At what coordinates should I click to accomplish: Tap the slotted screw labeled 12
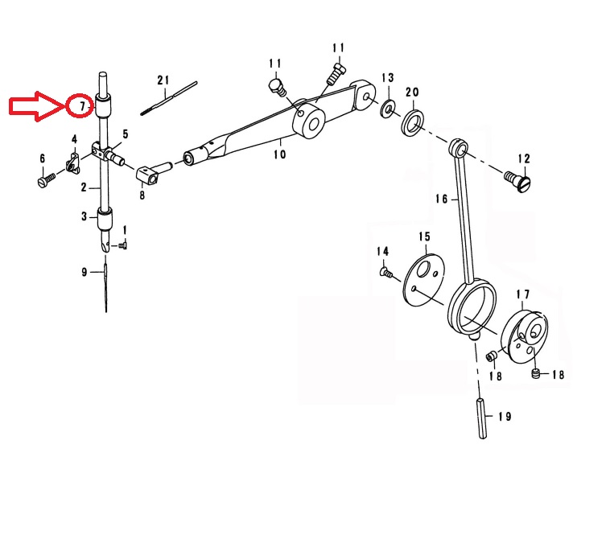click(x=518, y=182)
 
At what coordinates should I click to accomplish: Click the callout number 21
click(x=163, y=80)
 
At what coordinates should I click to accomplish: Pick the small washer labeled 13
click(x=387, y=109)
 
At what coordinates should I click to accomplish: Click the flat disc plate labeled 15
click(x=424, y=280)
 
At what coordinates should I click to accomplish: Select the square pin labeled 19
click(x=482, y=418)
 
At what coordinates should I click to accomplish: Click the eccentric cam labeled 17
click(x=524, y=337)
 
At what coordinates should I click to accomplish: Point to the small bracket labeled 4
click(x=72, y=162)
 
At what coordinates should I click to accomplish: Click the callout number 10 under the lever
click(x=280, y=154)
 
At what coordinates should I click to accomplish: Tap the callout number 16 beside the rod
click(x=441, y=199)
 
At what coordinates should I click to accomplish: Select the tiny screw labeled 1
click(x=123, y=245)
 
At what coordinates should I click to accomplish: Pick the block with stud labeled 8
click(x=154, y=172)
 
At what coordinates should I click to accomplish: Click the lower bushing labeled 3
click(x=105, y=219)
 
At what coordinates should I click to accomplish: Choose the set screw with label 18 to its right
click(x=535, y=373)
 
